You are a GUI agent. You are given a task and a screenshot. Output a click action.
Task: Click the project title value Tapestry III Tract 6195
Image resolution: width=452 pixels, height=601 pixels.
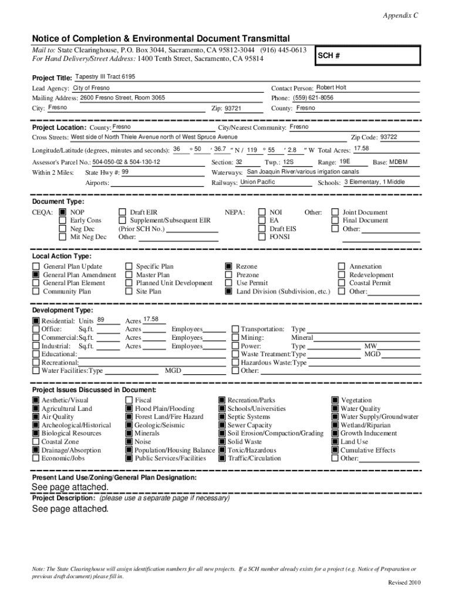(105, 77)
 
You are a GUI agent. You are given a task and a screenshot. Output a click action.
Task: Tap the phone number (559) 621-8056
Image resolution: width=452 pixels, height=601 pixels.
(313, 97)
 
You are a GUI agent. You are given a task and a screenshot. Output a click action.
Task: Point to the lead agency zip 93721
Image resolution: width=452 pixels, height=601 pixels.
(233, 109)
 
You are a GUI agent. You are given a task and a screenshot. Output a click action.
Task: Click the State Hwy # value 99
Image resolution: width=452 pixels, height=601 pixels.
(125, 172)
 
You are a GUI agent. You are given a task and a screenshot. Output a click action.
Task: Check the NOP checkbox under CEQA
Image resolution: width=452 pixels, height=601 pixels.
(63, 212)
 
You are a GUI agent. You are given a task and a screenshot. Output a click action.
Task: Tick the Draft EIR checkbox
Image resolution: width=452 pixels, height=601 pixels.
(122, 212)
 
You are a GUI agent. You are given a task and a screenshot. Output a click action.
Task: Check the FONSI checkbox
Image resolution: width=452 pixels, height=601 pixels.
(262, 237)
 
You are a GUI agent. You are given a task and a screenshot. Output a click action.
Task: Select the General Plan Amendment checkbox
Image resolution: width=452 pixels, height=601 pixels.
(36, 275)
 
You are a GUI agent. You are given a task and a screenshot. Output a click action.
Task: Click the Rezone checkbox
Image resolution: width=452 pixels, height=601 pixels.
(228, 266)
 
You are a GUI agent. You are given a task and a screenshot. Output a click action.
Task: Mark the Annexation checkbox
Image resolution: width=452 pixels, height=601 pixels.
(341, 266)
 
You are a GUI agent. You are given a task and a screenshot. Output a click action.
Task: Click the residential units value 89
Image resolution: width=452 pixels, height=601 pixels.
(101, 319)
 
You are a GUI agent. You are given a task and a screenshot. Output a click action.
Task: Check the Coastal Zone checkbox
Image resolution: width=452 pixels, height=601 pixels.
(36, 442)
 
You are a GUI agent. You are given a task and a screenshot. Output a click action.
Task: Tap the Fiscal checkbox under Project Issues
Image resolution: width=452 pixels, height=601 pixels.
(129, 400)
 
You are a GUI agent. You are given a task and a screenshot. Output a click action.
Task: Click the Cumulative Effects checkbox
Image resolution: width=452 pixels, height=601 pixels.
(335, 450)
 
